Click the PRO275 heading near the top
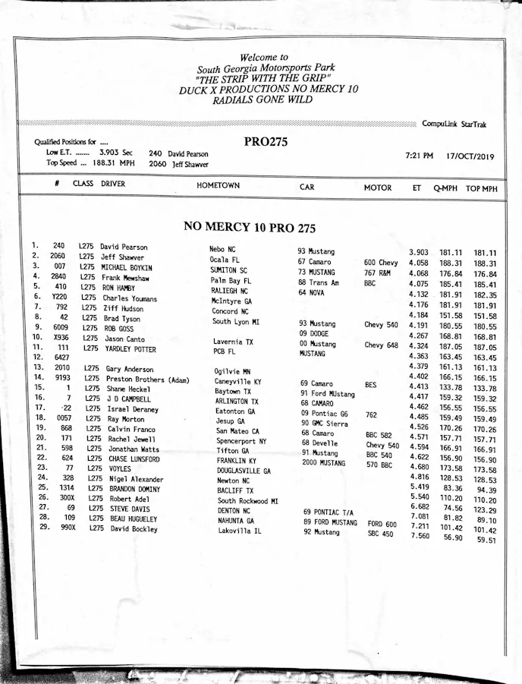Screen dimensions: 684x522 pos(266,141)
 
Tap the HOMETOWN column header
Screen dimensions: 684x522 pos(218,185)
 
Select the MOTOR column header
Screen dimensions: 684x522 pos(378,188)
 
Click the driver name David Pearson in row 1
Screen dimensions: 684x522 pos(124,247)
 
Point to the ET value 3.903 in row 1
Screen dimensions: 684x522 pos(418,252)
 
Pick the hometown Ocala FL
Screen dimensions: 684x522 pos(224,260)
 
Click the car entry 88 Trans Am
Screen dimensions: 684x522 pos(318,282)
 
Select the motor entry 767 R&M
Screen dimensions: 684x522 pos(377,273)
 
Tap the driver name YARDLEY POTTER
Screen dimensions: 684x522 pos(130,349)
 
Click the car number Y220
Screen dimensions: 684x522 pos(60,298)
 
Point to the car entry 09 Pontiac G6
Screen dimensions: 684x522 pos(324,413)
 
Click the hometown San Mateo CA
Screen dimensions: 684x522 pos(237,431)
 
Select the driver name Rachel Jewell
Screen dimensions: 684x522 pos(131,439)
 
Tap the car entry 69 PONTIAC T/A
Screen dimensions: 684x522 pos(329,512)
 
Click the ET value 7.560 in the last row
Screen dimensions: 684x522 pos(420,535)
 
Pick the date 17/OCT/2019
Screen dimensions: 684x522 pos(470,157)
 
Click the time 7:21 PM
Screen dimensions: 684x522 pos(419,156)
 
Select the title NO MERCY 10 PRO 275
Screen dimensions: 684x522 pos(250,227)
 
